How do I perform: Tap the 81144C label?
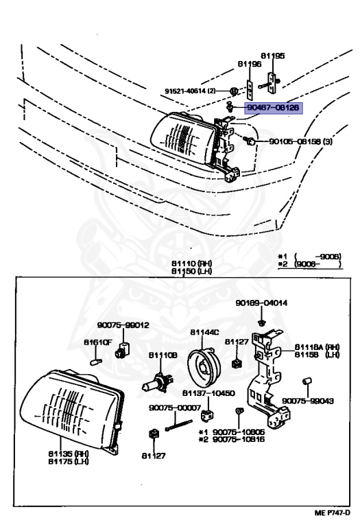tap(204, 332)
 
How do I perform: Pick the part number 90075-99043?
tap(307, 401)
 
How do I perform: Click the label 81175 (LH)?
tap(67, 460)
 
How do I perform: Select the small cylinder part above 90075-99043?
tap(308, 380)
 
